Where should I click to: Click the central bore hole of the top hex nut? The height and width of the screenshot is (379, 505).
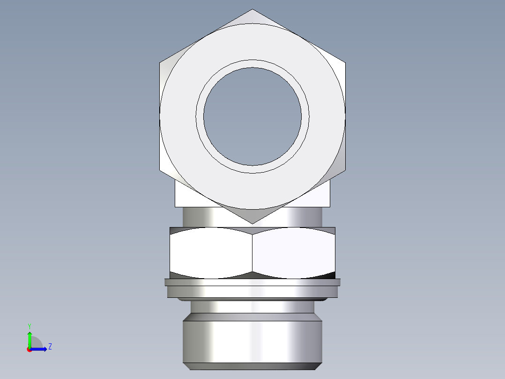click(x=252, y=116)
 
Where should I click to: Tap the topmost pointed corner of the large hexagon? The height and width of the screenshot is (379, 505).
click(x=252, y=9)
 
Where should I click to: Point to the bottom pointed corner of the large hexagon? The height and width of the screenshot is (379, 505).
click(x=252, y=223)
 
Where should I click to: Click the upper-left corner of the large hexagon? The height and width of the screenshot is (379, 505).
click(x=160, y=62)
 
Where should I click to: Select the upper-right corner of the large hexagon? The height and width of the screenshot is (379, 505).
click(x=345, y=62)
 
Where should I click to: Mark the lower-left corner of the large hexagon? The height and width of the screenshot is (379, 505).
click(x=160, y=171)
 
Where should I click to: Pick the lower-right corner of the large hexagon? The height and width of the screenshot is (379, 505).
click(x=345, y=171)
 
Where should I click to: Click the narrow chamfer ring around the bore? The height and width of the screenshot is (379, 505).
click(x=252, y=64)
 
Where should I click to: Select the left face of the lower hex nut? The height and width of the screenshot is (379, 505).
click(x=211, y=253)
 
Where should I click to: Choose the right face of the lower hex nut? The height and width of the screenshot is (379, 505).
click(x=294, y=253)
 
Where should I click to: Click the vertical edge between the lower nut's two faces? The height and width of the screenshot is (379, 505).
click(x=252, y=253)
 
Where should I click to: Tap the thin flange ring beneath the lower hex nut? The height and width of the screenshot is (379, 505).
click(x=252, y=282)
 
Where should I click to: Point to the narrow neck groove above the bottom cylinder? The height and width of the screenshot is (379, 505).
click(x=252, y=307)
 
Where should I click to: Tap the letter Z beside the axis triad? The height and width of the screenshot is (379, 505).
click(x=50, y=347)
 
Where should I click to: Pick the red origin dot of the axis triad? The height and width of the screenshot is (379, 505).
click(x=29, y=349)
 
